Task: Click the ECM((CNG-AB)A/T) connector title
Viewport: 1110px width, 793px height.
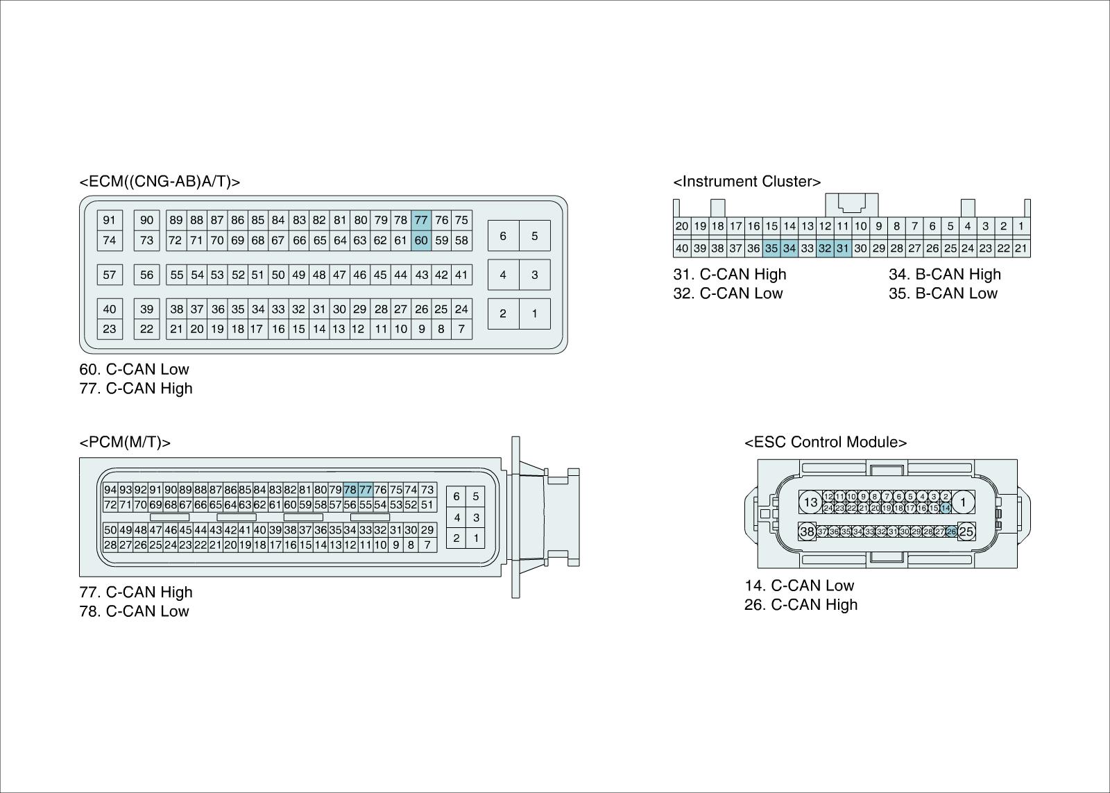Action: click(160, 182)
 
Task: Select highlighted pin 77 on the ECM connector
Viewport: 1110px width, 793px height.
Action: click(421, 221)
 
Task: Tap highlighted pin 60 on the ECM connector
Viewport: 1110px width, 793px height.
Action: click(421, 241)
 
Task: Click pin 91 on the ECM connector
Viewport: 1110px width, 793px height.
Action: click(110, 221)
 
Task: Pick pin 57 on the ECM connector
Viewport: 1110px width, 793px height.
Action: click(110, 275)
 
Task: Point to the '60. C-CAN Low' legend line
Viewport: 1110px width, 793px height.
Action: click(134, 369)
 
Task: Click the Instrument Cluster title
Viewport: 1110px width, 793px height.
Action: click(746, 182)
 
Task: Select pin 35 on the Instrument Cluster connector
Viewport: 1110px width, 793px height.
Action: click(771, 248)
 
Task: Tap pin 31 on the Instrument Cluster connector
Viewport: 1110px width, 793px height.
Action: click(842, 248)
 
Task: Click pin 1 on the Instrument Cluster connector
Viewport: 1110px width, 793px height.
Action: click(1021, 226)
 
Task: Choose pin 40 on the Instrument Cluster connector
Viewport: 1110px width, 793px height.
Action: click(682, 248)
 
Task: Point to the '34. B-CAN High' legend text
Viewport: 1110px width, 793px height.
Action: click(945, 274)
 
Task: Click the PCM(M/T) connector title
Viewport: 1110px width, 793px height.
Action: click(125, 443)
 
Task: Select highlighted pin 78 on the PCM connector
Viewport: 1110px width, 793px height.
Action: click(350, 490)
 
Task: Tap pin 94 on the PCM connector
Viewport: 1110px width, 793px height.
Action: click(110, 490)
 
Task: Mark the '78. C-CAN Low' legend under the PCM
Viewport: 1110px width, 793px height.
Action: click(134, 611)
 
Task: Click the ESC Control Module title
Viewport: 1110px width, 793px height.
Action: click(826, 443)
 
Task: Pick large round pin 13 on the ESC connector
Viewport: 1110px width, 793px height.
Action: click(810, 502)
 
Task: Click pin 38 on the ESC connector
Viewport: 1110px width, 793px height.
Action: click(807, 532)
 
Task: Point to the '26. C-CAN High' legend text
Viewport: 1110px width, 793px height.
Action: click(801, 605)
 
